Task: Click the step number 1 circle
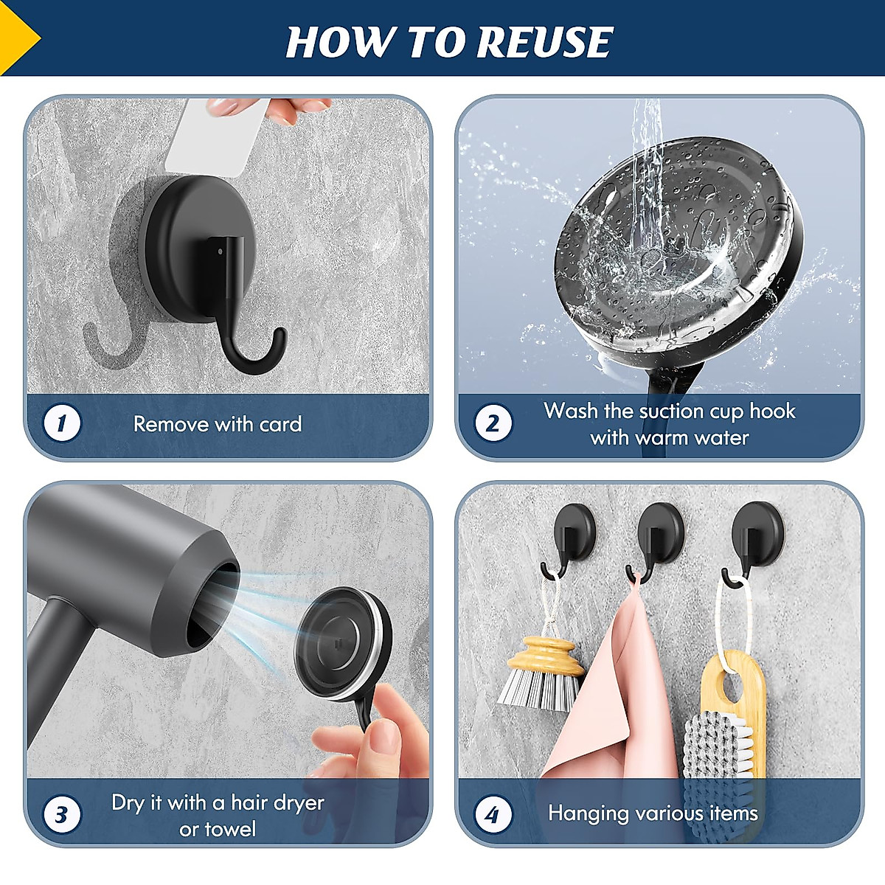(x=62, y=423)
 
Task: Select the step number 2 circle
(x=493, y=423)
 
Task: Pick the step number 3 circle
(x=62, y=814)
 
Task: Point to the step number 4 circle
(x=493, y=814)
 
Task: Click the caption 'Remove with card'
(x=218, y=424)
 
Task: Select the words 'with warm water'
(x=669, y=437)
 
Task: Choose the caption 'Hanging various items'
(x=653, y=813)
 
